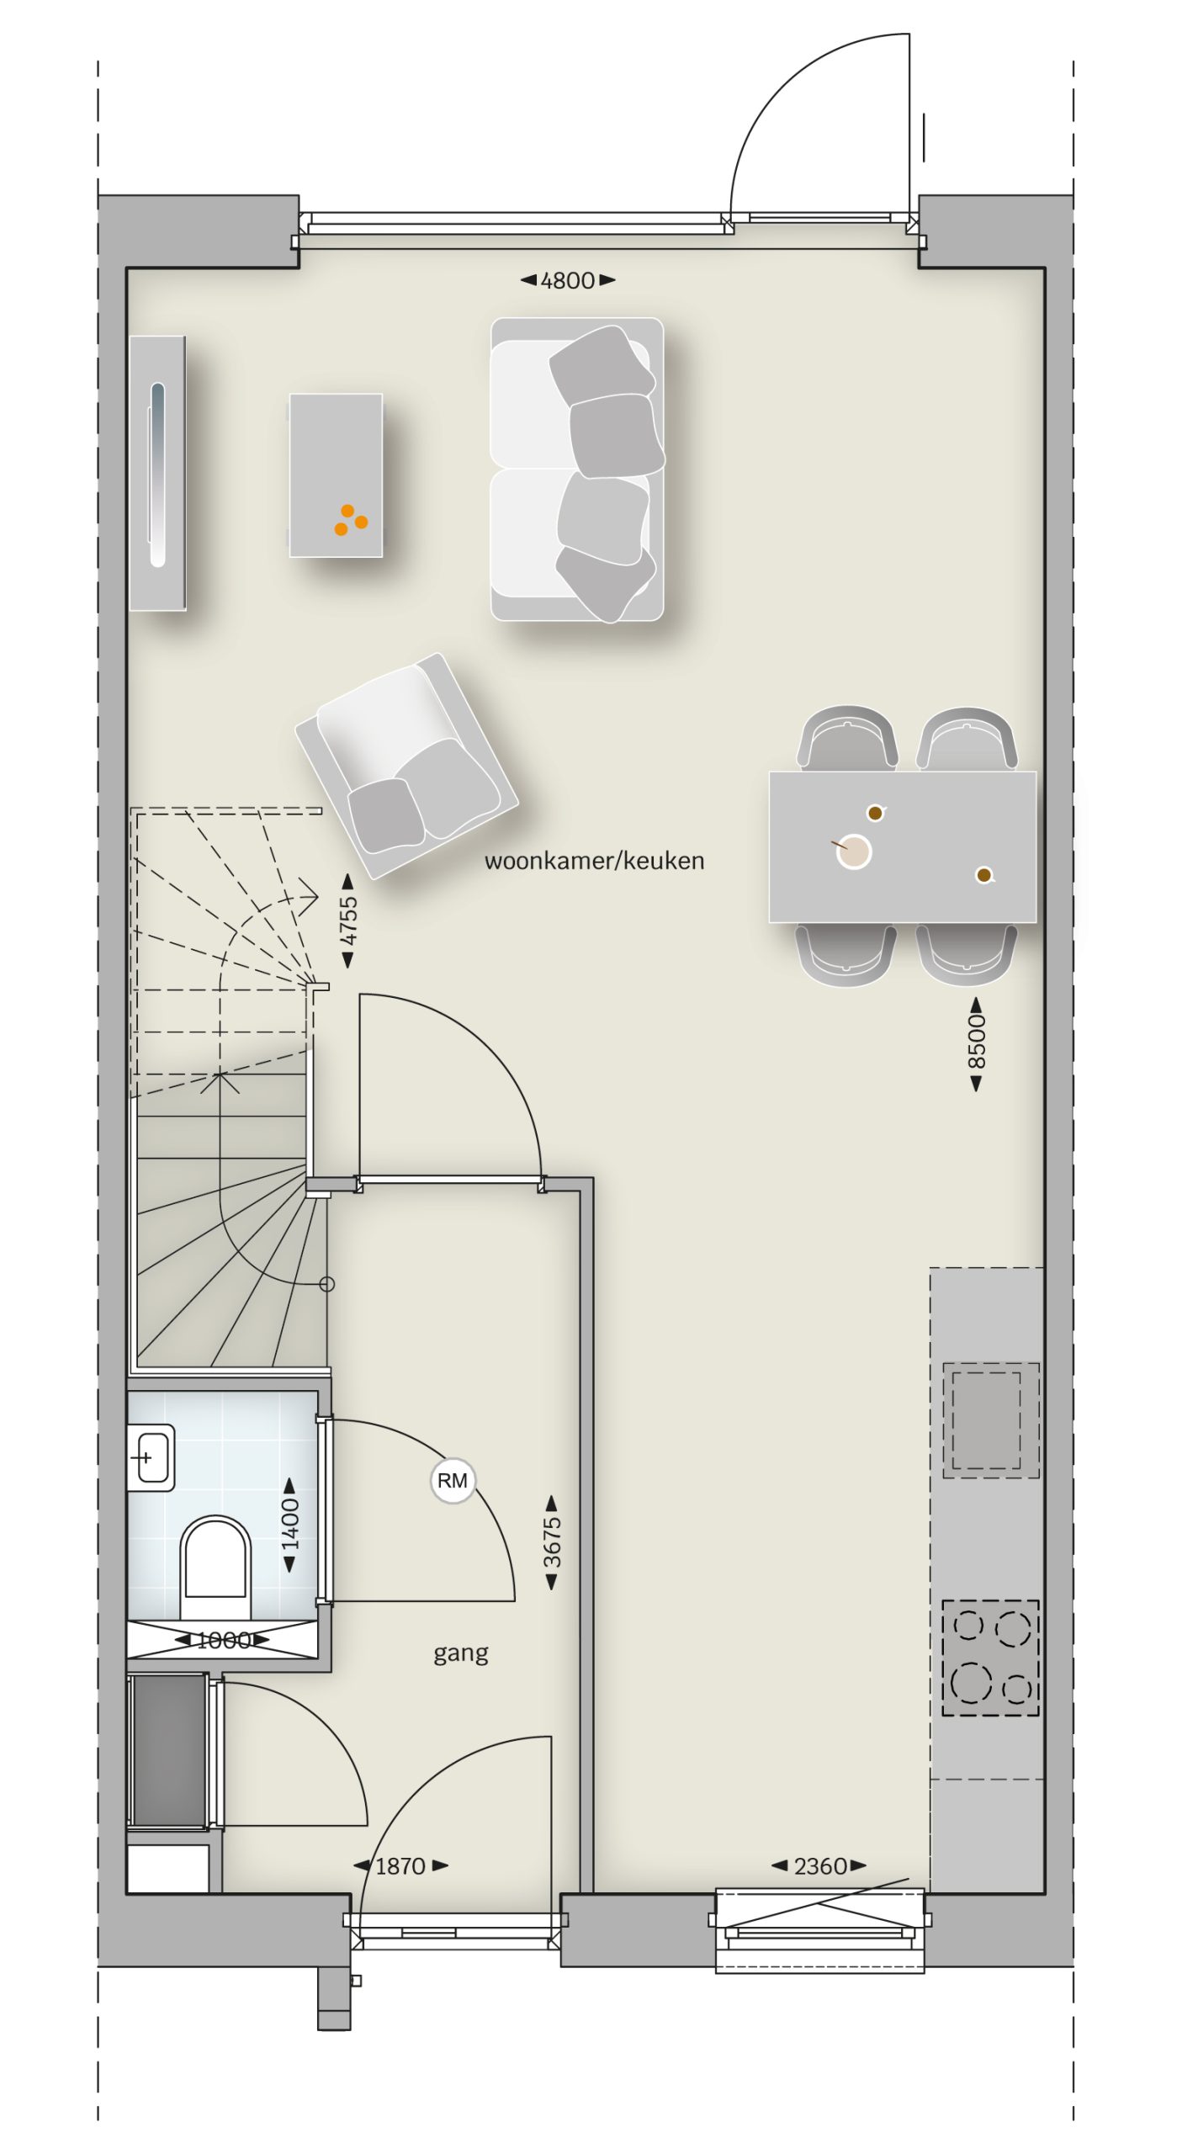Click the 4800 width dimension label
568,280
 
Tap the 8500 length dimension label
976,1044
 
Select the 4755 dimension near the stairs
347,920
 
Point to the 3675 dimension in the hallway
552,1542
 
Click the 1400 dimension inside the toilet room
289,1525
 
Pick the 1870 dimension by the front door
400,1866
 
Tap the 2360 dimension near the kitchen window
819,1866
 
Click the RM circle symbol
453,1481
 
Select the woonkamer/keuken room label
595,861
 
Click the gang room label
460,1653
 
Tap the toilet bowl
216,1567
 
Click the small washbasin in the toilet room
151,1457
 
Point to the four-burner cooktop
990,1658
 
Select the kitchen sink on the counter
991,1420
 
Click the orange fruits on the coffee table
351,520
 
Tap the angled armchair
406,766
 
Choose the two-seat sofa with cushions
578,470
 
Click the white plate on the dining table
854,852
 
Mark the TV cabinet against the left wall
158,473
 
